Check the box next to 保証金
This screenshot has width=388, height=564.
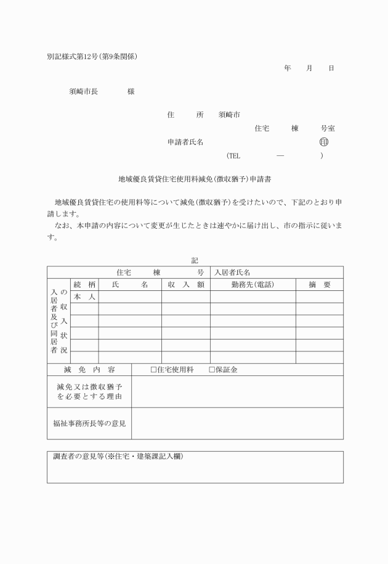click(x=212, y=370)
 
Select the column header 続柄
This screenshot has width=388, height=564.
click(x=84, y=284)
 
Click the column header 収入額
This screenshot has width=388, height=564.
click(x=185, y=284)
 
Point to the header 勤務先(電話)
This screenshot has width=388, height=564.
click(x=253, y=284)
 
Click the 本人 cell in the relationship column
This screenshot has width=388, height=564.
click(x=84, y=296)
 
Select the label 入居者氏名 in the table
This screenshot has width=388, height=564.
click(x=232, y=272)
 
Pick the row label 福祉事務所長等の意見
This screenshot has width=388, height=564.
click(x=89, y=423)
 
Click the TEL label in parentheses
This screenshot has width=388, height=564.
click(x=233, y=156)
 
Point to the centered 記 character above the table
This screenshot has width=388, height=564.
click(x=195, y=261)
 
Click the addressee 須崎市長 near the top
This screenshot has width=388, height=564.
click(x=83, y=92)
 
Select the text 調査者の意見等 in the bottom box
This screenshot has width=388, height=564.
click(x=78, y=457)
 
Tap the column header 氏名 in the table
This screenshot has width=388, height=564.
click(x=130, y=284)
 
